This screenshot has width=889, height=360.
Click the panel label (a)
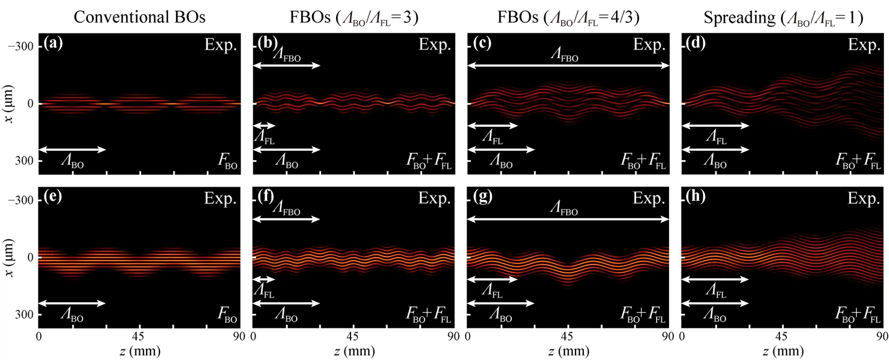coord(54,43)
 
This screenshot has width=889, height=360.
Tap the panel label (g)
coord(482,197)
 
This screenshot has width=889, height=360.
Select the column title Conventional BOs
coord(139,17)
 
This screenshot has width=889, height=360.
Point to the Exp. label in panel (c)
coord(649,44)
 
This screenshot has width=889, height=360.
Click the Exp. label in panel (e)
coord(221,198)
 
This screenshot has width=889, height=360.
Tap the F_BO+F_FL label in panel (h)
coord(858,316)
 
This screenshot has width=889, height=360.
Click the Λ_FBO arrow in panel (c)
coord(568,66)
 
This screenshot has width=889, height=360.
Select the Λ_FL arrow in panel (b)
coord(264,126)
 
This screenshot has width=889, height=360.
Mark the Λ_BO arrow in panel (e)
coord(72,303)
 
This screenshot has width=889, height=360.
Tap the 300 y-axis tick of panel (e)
coord(26,314)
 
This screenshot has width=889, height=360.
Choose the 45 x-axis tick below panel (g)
coord(567,336)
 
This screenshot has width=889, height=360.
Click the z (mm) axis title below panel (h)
coord(781,351)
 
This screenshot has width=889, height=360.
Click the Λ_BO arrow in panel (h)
coord(715,303)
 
